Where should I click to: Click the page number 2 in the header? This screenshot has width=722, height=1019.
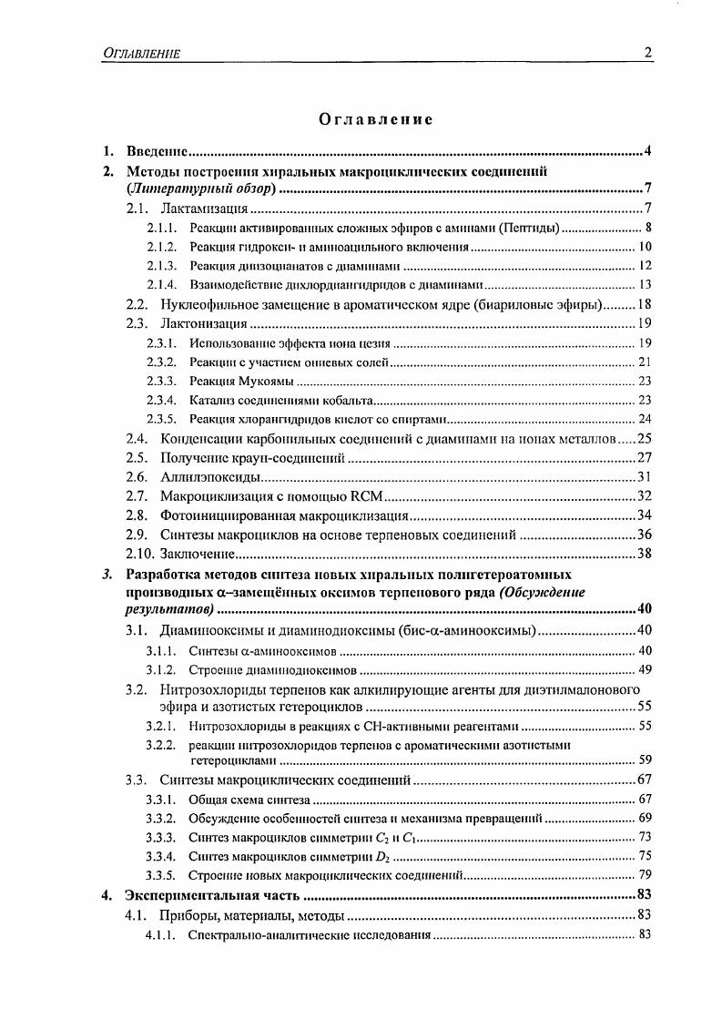(x=647, y=53)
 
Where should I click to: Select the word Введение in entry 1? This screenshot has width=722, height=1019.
(x=157, y=150)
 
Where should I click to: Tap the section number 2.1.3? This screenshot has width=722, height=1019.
(x=161, y=266)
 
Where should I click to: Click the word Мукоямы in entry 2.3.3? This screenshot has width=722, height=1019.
(x=266, y=381)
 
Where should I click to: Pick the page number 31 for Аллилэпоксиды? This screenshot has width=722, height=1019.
(x=644, y=476)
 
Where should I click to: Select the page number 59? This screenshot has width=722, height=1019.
(x=645, y=759)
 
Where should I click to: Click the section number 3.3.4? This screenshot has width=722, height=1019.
(x=160, y=856)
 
